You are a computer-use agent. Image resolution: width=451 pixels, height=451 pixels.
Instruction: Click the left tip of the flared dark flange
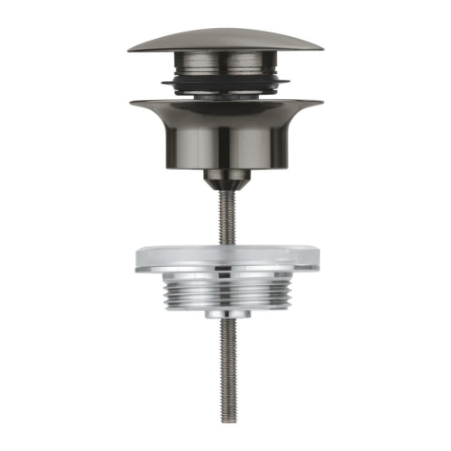coord(132,101)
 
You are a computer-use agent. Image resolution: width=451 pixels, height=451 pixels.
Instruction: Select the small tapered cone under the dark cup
coord(225,179)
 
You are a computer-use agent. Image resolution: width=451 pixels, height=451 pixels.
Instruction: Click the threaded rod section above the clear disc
coord(225,216)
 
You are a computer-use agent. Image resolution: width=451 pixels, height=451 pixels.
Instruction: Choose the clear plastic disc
coord(225,255)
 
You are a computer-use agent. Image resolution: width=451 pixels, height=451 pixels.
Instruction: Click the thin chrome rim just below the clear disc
coord(225,272)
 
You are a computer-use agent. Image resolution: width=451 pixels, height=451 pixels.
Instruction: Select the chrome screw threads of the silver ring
coord(225,291)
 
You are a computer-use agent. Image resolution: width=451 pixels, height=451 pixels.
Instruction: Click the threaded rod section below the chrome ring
coord(225,361)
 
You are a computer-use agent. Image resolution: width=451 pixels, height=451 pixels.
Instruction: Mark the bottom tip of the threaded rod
coord(225,421)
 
